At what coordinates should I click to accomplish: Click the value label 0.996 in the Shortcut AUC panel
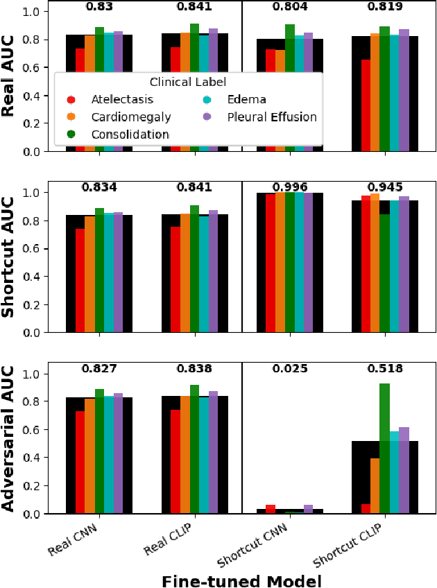pos(289,187)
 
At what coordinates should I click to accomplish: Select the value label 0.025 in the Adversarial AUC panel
pos(289,369)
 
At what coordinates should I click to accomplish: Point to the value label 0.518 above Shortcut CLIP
pos(385,369)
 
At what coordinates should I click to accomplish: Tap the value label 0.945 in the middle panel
pos(385,187)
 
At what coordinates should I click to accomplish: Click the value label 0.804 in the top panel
pos(289,6)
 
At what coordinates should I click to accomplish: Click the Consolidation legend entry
pos(130,133)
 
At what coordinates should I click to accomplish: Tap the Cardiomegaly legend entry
pos(128,116)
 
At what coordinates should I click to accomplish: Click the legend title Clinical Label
pos(189,83)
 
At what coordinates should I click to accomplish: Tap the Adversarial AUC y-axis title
pos(10,438)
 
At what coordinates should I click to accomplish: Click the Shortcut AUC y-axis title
pos(10,257)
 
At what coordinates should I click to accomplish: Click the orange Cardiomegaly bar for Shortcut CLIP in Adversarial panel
pos(375,485)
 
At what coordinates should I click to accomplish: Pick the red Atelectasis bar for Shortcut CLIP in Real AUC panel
pos(366,105)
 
